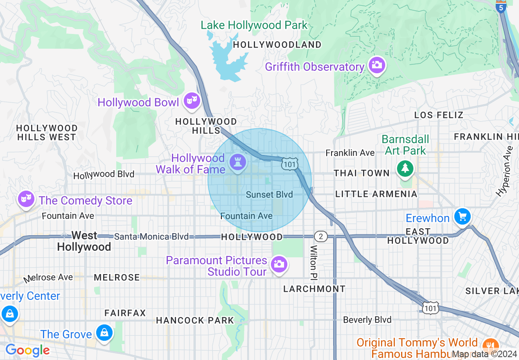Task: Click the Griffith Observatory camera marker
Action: point(376,65)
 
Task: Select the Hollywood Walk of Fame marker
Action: point(237,162)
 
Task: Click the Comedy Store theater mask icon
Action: point(26,199)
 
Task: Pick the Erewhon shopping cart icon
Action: point(463,216)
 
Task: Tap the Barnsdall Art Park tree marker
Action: point(405,168)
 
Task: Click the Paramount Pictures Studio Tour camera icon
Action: point(279,264)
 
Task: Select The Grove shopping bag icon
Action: point(105,332)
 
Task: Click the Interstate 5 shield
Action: point(501,7)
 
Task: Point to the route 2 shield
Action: point(321,236)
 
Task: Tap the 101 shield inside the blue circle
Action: point(289,164)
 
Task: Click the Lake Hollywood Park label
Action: point(254,25)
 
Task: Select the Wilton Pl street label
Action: point(314,262)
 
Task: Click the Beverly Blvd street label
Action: point(367,319)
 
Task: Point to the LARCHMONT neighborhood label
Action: point(314,289)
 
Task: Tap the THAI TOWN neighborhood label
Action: point(362,173)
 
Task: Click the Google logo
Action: point(27,351)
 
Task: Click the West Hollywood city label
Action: point(84,241)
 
